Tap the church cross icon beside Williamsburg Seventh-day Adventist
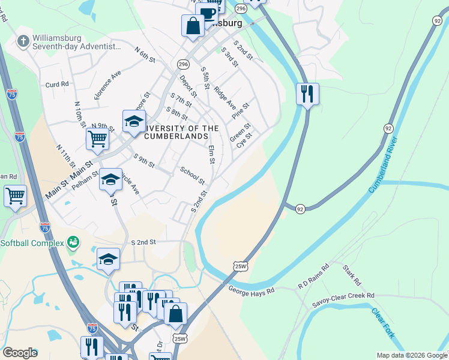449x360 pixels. click(x=23, y=41)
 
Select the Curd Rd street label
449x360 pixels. click(x=57, y=85)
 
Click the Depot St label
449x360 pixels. click(x=188, y=86)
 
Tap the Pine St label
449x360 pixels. click(x=241, y=110)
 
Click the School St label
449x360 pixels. click(x=193, y=175)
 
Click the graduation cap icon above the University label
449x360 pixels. click(x=134, y=122)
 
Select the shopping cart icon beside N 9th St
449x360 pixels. click(x=97, y=139)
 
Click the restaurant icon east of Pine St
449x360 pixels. click(x=307, y=94)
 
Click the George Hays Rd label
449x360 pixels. click(x=251, y=290)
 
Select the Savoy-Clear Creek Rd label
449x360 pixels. click(x=343, y=296)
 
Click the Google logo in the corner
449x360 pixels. click(x=20, y=353)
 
